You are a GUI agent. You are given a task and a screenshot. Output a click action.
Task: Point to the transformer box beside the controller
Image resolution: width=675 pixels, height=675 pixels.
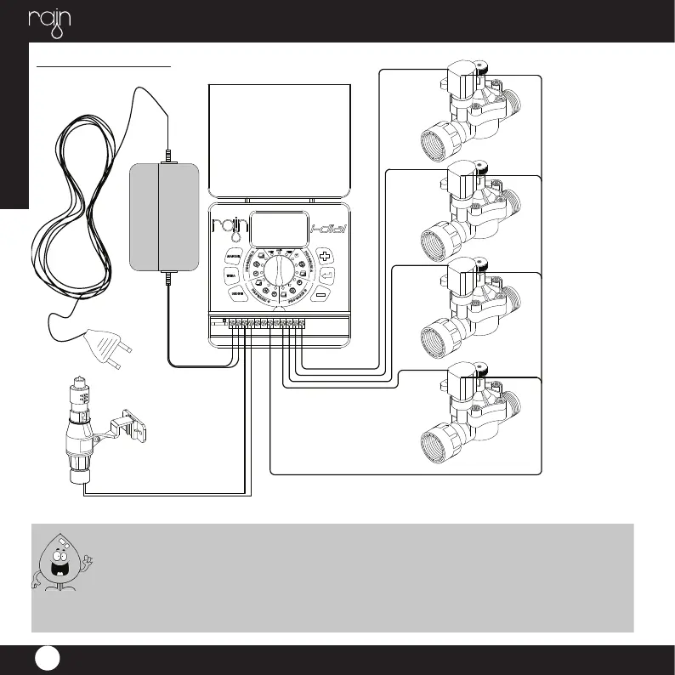coord(163,213)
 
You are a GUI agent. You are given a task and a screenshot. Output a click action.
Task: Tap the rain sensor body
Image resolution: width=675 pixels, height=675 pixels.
coord(82,429)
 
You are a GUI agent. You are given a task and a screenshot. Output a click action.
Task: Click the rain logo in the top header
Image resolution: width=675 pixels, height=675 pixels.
coord(48,21)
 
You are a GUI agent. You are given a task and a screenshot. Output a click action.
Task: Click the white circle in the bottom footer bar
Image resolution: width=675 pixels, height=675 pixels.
coord(47,660)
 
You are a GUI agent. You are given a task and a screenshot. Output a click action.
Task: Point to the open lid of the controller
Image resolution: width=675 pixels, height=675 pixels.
coord(280,140)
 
